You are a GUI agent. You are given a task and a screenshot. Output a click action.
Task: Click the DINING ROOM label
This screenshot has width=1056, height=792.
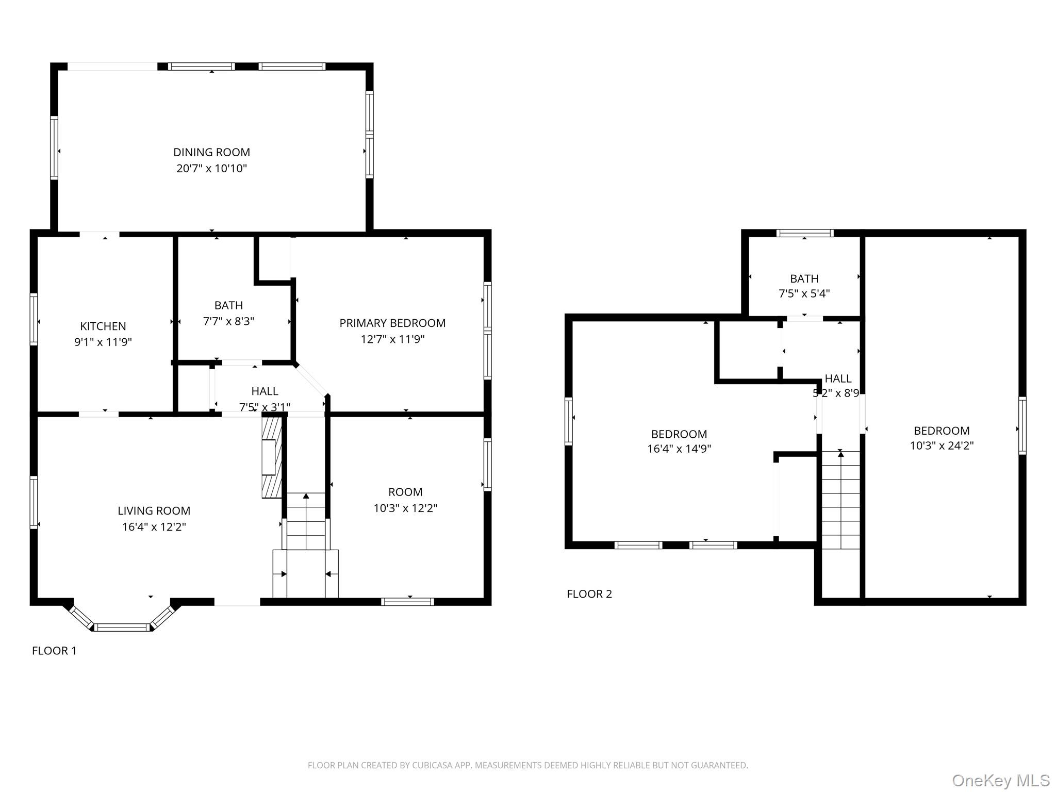coord(211,152)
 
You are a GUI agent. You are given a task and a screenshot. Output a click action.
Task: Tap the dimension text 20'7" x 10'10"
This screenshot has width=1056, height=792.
coord(211,168)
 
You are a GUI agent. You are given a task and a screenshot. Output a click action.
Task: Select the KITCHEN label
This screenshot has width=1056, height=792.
coord(103,326)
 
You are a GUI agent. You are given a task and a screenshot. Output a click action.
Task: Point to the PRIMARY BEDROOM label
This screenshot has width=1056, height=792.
coord(392,323)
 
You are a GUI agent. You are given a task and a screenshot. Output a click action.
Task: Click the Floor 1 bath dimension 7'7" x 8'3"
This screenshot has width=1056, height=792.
coord(228,321)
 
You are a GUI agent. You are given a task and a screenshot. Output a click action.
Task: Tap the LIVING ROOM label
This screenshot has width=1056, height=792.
coord(154,510)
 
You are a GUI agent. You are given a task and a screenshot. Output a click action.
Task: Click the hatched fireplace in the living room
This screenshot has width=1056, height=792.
coord(272,457)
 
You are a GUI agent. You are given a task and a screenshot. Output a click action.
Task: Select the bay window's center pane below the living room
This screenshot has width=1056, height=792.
coord(122,627)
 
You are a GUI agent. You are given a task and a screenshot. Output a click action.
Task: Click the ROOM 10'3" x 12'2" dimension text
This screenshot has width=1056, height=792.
coord(405,508)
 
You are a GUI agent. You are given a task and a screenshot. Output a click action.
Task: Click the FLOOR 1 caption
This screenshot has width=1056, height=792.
coord(54,651)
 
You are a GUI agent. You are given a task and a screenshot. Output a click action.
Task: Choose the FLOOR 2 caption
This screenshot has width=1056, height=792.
coord(589,594)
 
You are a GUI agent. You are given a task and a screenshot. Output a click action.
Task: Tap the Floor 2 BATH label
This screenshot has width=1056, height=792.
coord(804,278)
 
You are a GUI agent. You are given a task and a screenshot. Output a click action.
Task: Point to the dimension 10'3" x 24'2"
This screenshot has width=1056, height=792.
coord(942,445)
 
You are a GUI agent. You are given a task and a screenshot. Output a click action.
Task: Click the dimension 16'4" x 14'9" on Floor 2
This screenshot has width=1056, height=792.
coord(679,449)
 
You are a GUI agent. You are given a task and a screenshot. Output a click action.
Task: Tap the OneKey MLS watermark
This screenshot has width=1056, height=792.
coord(1000,781)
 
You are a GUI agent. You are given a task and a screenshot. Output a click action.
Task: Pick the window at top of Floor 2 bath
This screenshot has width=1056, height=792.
coord(804,233)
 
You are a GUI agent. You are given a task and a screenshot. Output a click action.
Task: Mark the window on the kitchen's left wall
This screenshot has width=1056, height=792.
coord(34,319)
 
